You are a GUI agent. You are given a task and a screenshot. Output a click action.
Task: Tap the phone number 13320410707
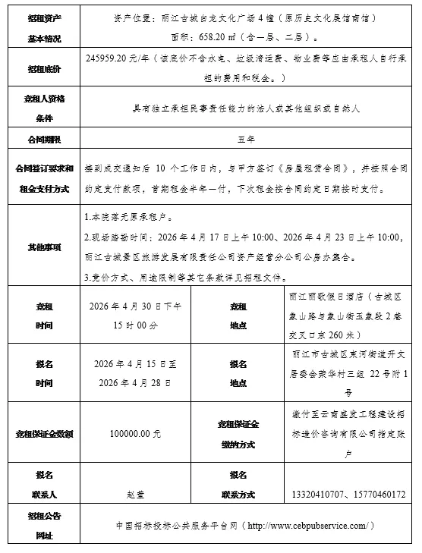pos(318,494)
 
